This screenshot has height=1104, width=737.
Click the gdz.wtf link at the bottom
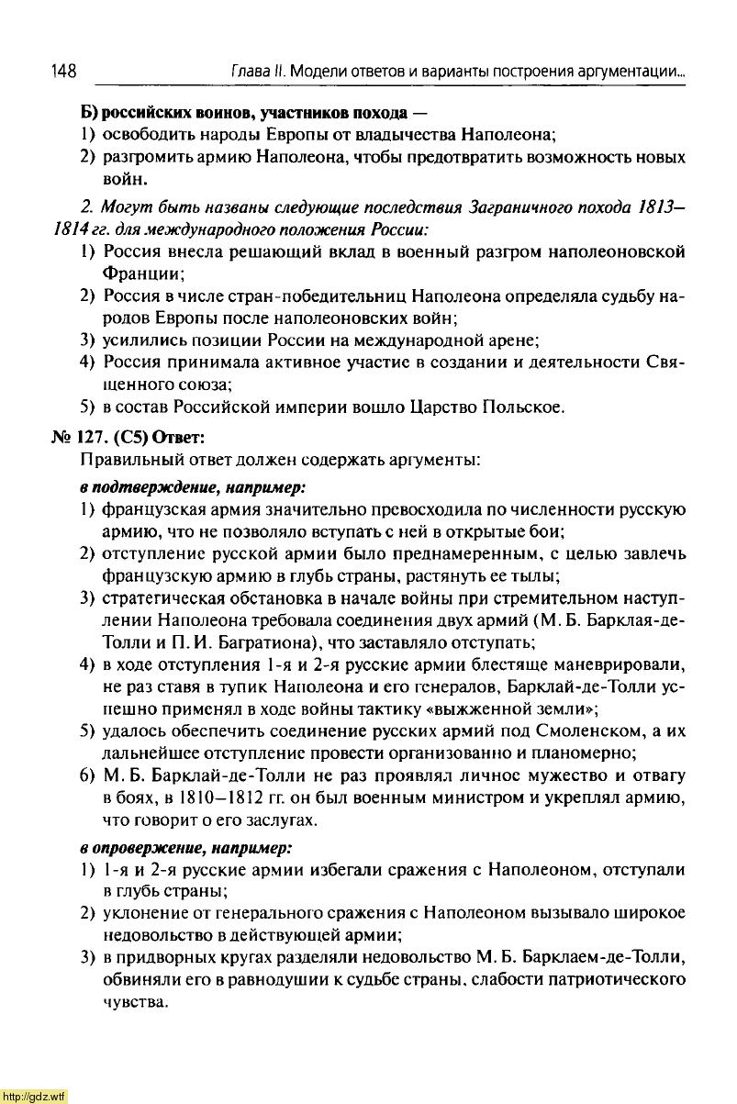pyautogui.click(x=34, y=1096)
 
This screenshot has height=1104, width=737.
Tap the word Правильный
pyautogui.click(x=125, y=458)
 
